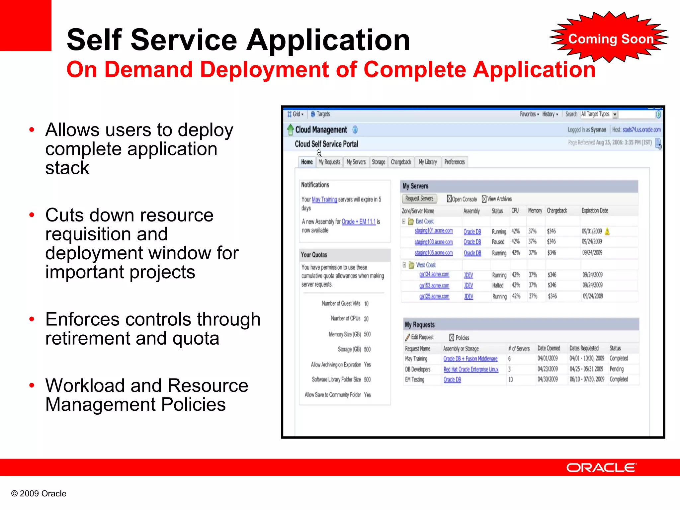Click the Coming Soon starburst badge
pos(610,39)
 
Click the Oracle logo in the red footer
pos(601,467)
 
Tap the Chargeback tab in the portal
pos(401,162)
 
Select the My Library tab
pos(428,162)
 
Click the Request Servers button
pos(419,199)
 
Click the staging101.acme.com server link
pos(433,231)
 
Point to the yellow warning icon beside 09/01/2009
pos(607,231)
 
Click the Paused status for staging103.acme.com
pos(498,242)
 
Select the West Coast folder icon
pos(411,265)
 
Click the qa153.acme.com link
pos(434,286)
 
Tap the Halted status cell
pos(498,286)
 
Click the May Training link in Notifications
pos(324,200)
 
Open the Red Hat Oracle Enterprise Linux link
pos(471,369)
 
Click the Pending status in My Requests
pos(617,369)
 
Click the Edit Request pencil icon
pos(407,337)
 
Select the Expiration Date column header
pos(595,211)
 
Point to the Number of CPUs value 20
pos(366,319)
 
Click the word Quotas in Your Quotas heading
pos(320,255)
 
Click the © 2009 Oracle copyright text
pos(39,493)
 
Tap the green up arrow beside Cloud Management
pos(290,129)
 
